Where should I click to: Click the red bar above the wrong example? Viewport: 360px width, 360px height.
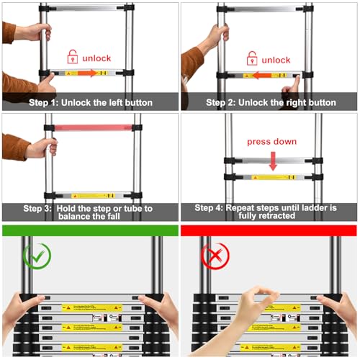tap(269, 230)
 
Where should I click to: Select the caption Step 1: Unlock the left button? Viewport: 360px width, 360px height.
tap(89, 102)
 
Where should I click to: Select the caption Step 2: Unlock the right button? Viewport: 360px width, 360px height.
tap(271, 102)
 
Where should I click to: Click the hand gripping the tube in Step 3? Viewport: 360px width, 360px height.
tap(40, 149)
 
